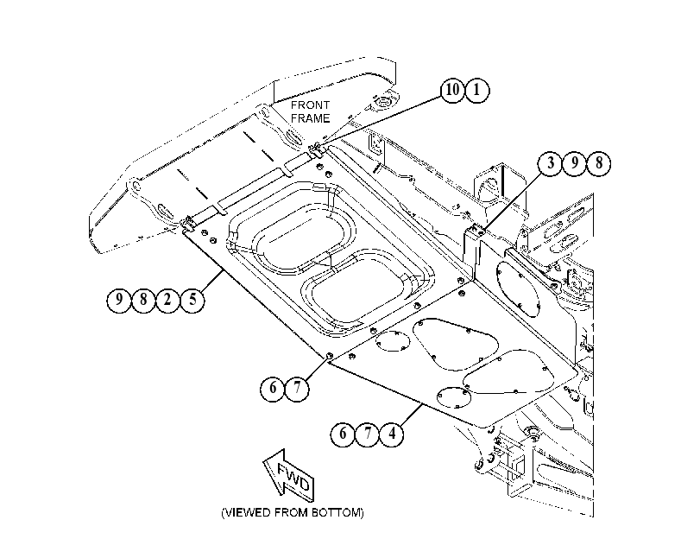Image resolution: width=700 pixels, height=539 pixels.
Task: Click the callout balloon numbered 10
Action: (452, 90)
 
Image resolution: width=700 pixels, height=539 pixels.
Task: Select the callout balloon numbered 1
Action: (477, 91)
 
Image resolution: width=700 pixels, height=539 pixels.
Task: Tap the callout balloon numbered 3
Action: (550, 163)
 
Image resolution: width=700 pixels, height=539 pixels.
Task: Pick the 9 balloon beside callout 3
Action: (575, 163)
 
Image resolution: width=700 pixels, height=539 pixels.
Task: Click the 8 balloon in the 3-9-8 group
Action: (599, 163)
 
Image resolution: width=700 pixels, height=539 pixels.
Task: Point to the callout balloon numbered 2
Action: (167, 300)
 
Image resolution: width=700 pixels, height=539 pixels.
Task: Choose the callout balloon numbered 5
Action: (192, 300)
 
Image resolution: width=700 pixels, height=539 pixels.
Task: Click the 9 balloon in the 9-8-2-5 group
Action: (119, 300)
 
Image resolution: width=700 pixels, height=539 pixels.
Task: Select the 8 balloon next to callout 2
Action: (143, 300)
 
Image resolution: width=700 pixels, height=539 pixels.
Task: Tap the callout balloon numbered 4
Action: (392, 434)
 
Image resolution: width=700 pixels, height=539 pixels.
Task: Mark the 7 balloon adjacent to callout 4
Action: (368, 434)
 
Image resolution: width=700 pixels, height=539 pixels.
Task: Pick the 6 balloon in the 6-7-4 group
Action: (343, 434)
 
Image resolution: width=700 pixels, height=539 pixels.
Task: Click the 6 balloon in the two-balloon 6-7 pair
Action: (273, 389)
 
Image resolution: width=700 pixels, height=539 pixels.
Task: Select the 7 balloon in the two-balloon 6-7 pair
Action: (297, 389)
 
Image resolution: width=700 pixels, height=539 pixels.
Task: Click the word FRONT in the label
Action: (310, 105)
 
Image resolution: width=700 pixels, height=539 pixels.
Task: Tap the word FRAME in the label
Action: (311, 118)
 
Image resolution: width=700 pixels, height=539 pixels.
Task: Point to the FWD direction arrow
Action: (289, 474)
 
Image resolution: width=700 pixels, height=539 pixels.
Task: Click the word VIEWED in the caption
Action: (247, 512)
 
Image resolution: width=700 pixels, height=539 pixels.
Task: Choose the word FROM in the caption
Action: (291, 512)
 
